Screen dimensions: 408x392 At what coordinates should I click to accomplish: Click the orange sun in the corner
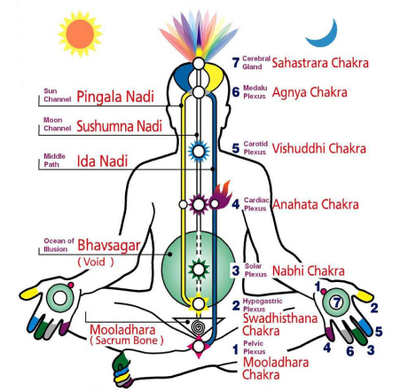pos(80,34)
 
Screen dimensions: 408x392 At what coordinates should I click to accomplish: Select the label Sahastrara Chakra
pos(320,63)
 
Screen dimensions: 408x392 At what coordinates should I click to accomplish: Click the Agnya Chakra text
pos(310,92)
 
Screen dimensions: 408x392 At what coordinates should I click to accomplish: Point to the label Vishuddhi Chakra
pos(319,148)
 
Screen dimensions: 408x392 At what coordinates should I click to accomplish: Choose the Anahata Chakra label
pos(316,204)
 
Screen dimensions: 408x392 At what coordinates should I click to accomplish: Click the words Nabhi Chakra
pos(309,270)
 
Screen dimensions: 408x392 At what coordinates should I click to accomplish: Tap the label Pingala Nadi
pos(115,97)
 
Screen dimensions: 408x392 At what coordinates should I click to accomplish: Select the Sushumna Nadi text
pos(119,126)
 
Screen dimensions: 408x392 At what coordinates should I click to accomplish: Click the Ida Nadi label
pos(102,161)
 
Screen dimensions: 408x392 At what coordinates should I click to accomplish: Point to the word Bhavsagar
pos(109,246)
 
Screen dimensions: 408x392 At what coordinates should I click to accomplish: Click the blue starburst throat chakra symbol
pos(199,152)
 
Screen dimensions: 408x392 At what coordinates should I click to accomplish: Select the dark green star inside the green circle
pos(199,270)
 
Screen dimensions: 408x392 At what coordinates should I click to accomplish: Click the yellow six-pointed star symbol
pos(199,303)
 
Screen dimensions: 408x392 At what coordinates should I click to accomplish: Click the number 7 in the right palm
pos(337,302)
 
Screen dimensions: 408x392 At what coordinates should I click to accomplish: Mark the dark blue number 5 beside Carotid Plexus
pos(236,148)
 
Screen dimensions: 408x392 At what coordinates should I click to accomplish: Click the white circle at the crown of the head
pos(199,63)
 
